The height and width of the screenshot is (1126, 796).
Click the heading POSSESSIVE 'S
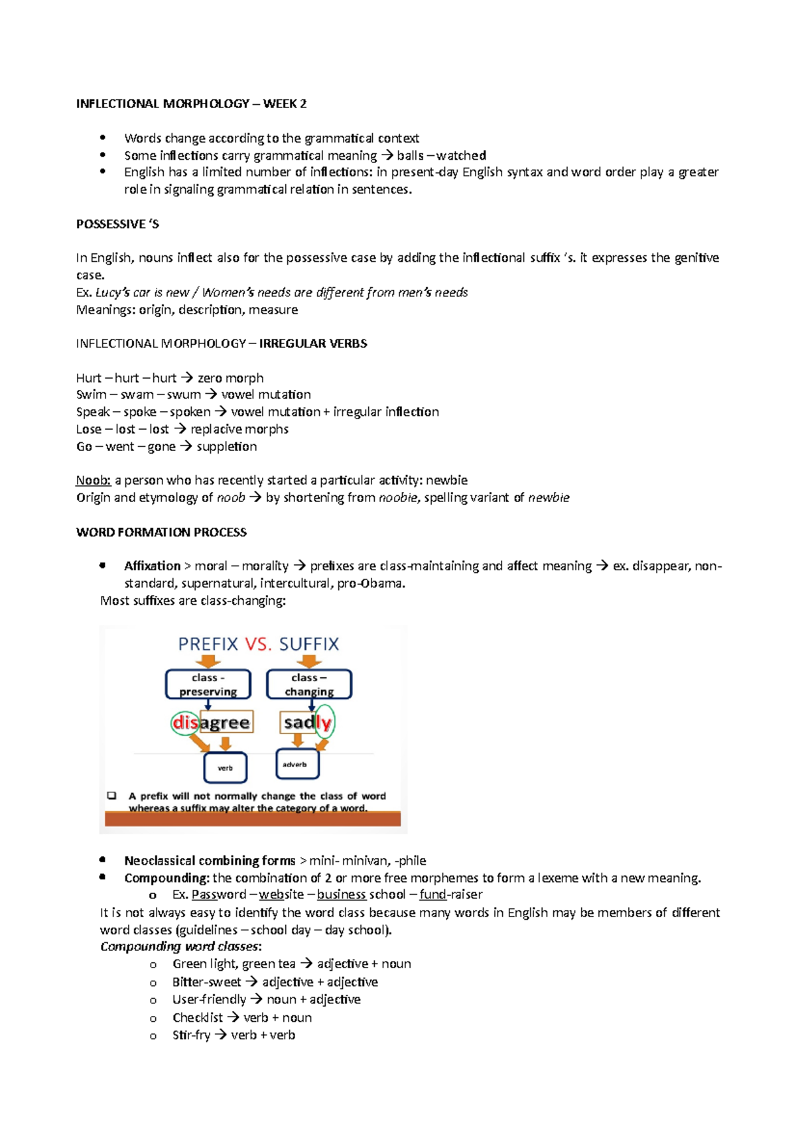(117, 224)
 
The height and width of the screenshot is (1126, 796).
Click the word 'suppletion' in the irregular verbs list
(226, 446)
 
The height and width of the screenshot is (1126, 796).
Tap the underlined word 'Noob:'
(93, 480)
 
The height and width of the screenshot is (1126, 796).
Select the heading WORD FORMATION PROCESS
(161, 532)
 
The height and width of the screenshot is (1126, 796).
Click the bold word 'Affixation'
(152, 566)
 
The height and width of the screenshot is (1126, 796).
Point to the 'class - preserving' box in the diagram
(208, 684)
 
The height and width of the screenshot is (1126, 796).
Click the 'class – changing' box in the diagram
(309, 684)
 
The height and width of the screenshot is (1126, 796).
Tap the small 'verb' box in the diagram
(226, 768)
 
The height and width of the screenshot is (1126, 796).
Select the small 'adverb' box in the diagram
(297, 765)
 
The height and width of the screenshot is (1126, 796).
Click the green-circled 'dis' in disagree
(185, 722)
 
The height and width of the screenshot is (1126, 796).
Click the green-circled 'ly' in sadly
(324, 722)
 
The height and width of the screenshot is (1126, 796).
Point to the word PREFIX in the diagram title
(208, 644)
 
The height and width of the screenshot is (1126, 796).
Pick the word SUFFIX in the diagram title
(308, 644)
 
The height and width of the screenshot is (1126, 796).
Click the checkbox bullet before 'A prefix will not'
(111, 796)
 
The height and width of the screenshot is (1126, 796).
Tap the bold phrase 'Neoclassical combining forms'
(210, 861)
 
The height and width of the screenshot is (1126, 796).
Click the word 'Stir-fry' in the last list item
(191, 1035)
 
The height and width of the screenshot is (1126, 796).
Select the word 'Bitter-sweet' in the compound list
(206, 982)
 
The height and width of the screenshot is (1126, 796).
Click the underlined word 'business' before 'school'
(341, 895)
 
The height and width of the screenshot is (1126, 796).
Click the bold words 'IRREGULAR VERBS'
(313, 344)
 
